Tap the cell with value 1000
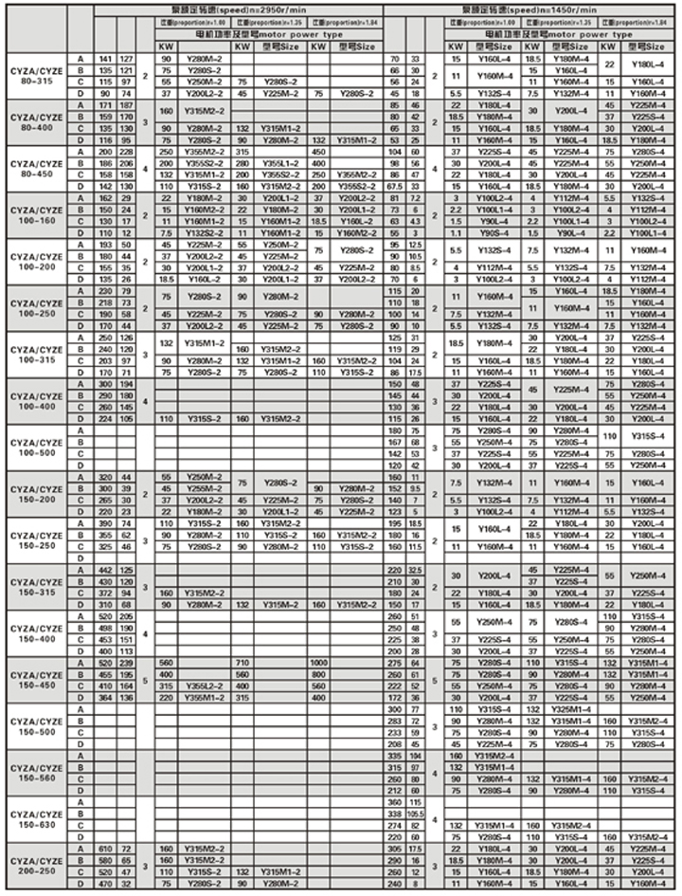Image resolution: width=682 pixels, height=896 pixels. [x=318, y=663]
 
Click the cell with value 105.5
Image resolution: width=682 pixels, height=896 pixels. [x=414, y=814]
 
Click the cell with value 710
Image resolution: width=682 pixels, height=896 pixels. [x=242, y=663]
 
